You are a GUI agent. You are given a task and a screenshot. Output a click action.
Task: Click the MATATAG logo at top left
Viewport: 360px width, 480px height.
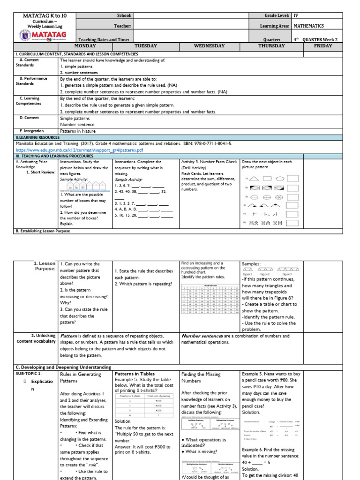[45, 35]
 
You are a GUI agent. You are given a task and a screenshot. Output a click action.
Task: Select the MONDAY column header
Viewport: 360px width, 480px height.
[85, 46]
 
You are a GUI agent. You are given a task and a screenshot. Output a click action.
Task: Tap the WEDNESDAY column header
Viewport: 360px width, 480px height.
[209, 46]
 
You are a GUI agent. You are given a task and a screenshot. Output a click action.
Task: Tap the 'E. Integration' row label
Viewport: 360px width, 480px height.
[31, 131]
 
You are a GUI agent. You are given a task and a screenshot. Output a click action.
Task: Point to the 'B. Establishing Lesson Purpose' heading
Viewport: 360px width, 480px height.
[43, 231]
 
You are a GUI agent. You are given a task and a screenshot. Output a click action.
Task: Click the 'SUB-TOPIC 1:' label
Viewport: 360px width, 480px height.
[29, 374]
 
